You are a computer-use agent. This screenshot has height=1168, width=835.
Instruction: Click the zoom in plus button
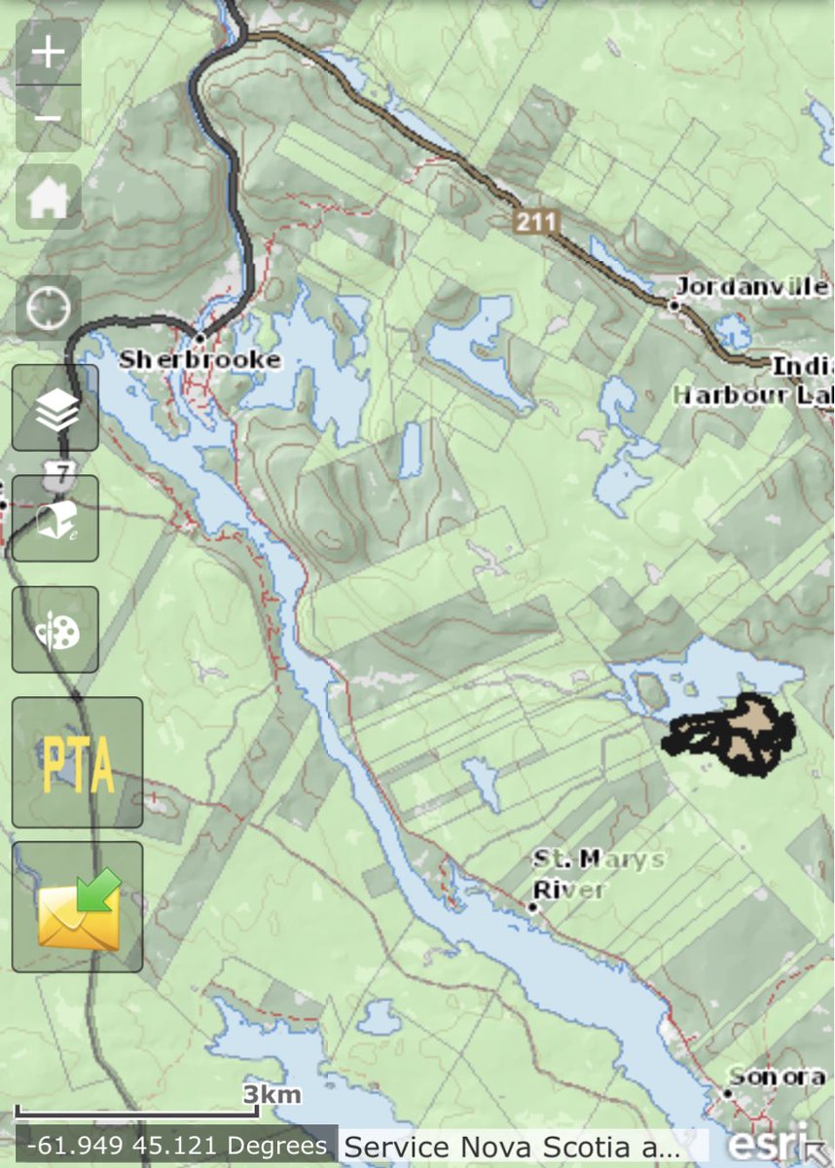[48, 53]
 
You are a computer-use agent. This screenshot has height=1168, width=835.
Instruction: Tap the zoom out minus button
[48, 119]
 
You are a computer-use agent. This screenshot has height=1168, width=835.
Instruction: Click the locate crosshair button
[48, 309]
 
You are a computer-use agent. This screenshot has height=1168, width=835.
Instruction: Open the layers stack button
[55, 408]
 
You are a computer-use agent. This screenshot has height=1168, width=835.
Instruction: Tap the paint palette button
[55, 630]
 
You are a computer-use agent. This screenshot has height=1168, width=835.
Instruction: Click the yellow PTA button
[77, 762]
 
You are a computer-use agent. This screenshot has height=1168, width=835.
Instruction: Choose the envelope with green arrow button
[77, 906]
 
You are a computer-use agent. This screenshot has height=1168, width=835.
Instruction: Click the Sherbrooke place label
[200, 360]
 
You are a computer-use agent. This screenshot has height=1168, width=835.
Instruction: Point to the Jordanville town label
[751, 287]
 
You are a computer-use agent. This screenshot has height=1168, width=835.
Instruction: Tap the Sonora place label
[778, 1077]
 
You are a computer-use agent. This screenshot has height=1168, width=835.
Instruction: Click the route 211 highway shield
[536, 222]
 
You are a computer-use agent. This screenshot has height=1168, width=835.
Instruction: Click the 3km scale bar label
[272, 1095]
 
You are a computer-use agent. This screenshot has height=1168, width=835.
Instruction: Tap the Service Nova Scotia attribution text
[513, 1147]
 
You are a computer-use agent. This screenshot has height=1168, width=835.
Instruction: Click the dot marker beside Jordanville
[673, 305]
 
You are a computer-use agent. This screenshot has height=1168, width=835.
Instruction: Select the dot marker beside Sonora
[727, 1093]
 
